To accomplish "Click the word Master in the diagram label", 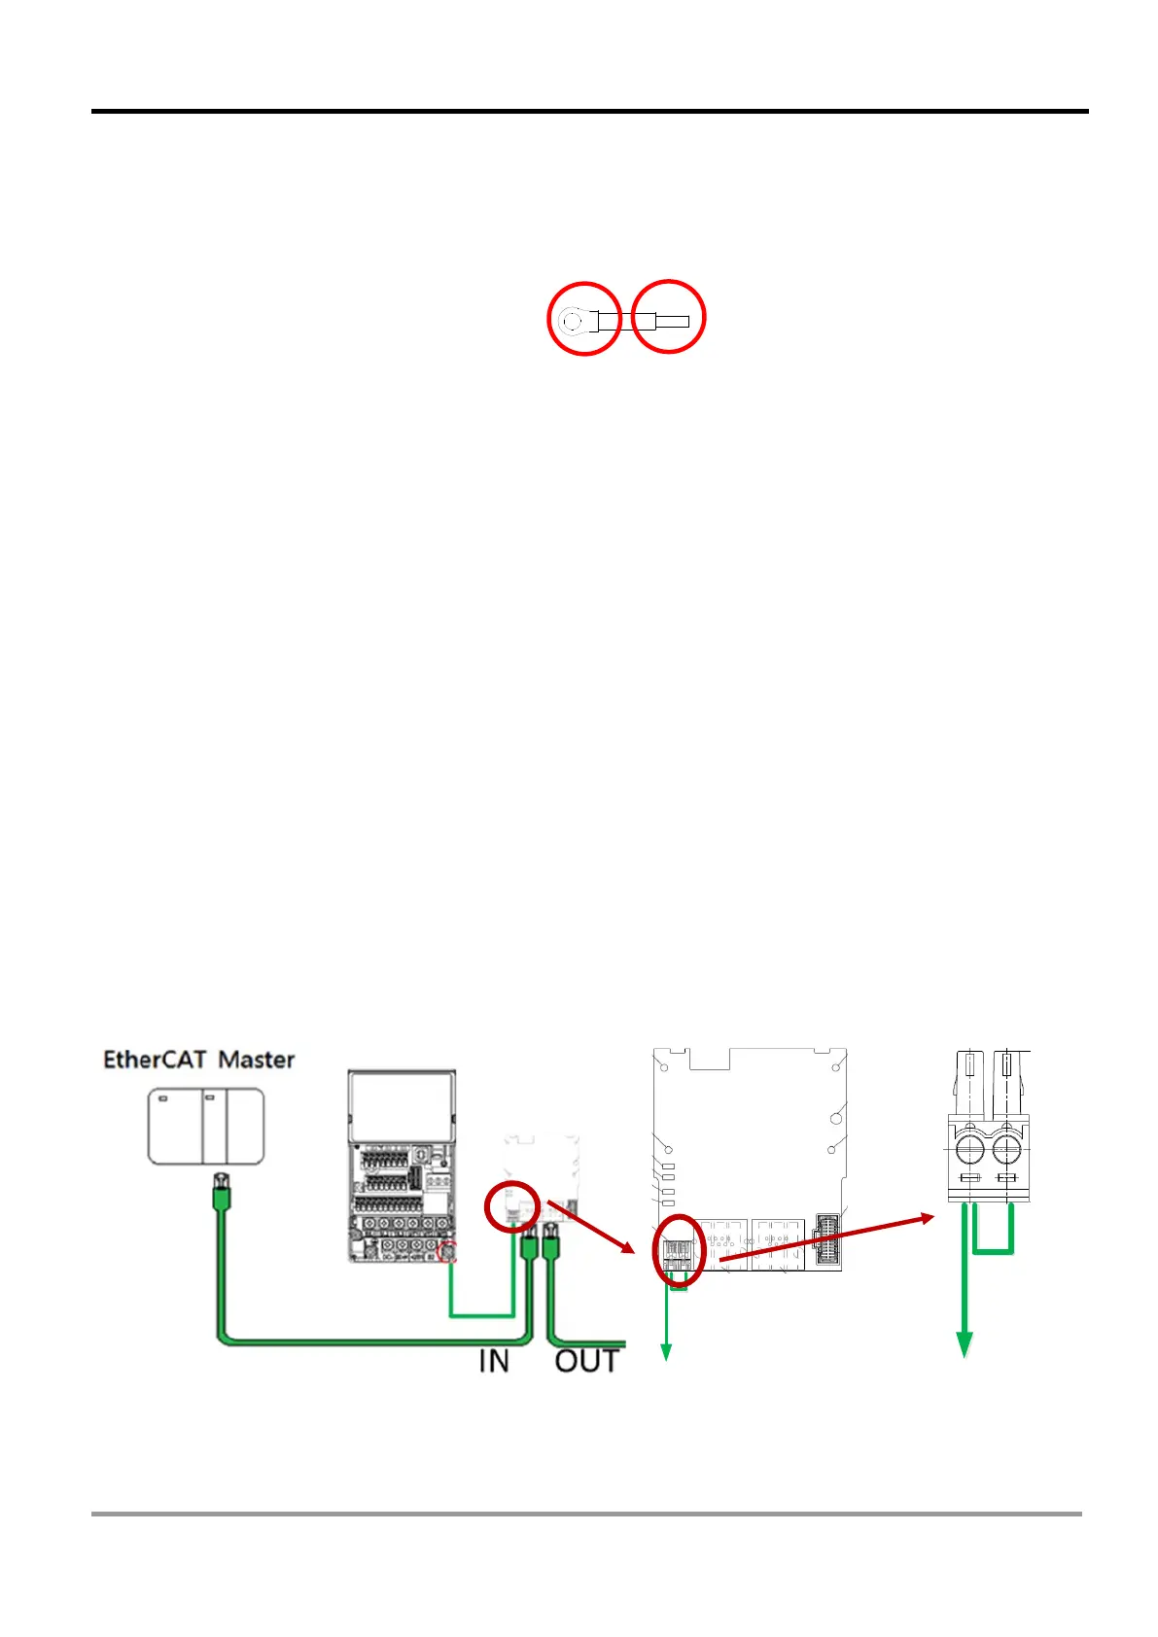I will (256, 1059).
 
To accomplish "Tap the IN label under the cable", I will (494, 1361).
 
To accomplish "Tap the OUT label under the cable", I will (586, 1361).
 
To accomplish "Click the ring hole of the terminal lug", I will (572, 319).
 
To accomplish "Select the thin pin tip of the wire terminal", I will (674, 321).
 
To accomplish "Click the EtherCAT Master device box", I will (205, 1126).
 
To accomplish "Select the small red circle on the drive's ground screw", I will (448, 1252).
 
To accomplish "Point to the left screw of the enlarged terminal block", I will (969, 1152).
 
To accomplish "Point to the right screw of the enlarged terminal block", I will (1006, 1152).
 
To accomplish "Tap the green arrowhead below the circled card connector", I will (667, 1351).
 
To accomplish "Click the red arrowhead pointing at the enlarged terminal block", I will (923, 1218).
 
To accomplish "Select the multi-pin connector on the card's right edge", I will (829, 1240).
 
